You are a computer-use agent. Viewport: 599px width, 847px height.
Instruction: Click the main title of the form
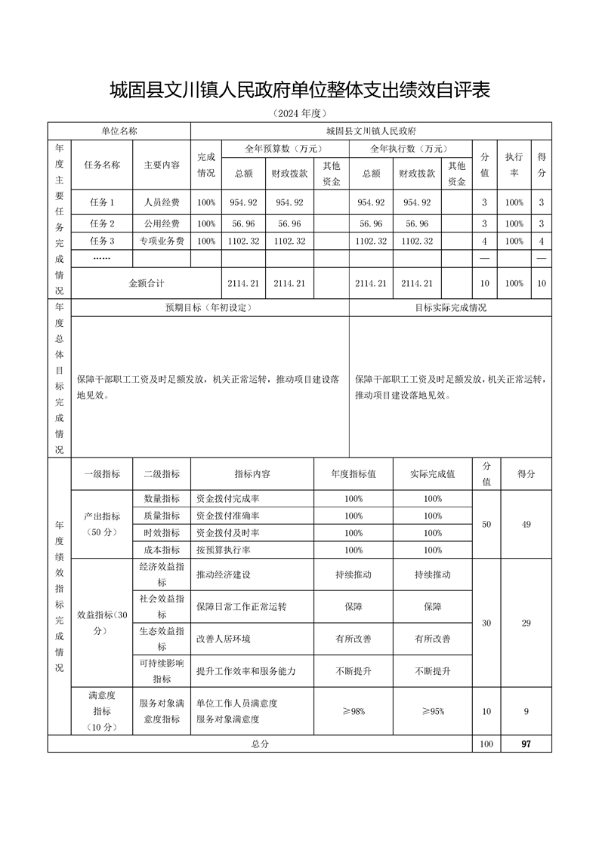point(300,91)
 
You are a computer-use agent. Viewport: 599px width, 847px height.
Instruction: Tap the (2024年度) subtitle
point(300,114)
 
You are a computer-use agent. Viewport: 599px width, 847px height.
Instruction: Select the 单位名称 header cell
point(119,131)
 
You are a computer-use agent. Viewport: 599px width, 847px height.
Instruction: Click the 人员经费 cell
point(162,202)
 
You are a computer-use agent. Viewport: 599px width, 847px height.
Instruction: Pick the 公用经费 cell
point(162,223)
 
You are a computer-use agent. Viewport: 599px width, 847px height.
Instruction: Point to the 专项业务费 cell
point(162,242)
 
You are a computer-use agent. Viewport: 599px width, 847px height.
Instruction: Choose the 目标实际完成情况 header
point(450,308)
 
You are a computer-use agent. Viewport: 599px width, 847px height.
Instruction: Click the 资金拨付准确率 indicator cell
point(227,516)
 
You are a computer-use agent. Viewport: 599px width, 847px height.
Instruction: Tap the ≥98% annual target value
point(353,711)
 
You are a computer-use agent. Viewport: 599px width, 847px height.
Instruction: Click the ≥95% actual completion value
point(432,711)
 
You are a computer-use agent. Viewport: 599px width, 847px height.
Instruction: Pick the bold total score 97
point(526,744)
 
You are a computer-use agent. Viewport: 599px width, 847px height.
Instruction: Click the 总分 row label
point(260,744)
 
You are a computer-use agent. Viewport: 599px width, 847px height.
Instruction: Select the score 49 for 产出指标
point(526,524)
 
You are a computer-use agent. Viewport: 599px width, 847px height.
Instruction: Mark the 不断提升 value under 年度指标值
point(353,671)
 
